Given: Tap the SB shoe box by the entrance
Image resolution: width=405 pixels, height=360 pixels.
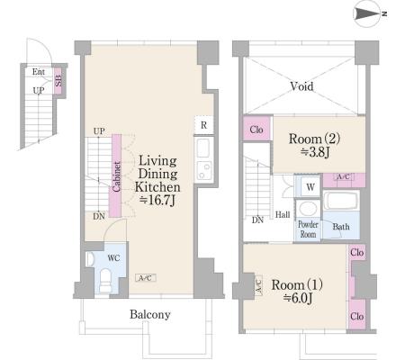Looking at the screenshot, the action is point(58,81).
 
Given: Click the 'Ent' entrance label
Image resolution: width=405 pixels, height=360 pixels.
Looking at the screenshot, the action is point(39,72).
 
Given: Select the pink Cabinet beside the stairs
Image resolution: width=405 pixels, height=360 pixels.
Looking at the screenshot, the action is point(116,175).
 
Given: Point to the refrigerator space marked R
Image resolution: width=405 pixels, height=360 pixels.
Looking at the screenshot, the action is point(203,125).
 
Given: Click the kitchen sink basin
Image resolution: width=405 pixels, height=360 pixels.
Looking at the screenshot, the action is point(203,148).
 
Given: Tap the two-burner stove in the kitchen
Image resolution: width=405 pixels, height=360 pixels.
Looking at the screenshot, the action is point(203,170).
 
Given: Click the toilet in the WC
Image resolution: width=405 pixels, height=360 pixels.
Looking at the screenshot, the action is point(105,280).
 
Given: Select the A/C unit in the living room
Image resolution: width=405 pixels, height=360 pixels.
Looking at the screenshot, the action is point(146,278).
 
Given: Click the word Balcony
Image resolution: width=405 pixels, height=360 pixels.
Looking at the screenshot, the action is point(150,314).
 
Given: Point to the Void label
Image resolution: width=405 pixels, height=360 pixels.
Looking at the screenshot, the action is point(301,86).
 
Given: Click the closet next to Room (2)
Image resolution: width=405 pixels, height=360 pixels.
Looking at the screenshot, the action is point(256,129).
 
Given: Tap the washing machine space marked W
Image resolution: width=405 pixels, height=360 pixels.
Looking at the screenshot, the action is point(310,187).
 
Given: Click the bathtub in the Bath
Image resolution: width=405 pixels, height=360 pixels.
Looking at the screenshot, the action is point(341,201).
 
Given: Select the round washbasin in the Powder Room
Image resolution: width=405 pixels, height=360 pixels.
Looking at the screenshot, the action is point(308,208).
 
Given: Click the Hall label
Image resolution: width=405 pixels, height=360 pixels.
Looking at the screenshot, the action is point(283,214).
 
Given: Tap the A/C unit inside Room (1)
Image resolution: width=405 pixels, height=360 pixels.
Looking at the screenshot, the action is point(258,285).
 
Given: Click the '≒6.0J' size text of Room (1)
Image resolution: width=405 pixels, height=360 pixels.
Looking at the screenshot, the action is point(299,298).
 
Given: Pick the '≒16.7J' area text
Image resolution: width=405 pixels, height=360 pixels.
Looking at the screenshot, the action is point(157,201).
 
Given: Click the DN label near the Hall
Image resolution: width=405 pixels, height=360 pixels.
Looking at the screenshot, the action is point(257,220).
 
